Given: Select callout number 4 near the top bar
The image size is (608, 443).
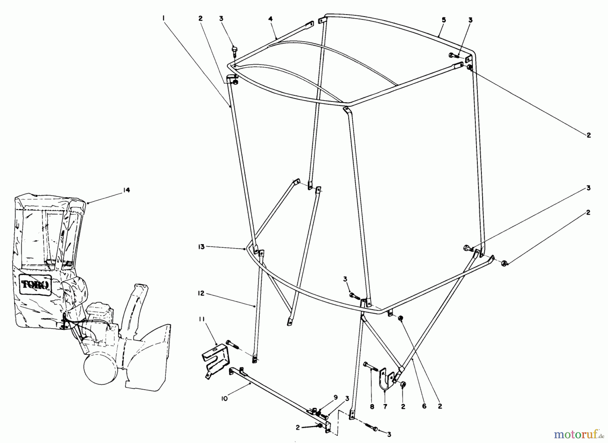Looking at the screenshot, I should click(271, 19).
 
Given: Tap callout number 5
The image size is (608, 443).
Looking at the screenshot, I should click(444, 20).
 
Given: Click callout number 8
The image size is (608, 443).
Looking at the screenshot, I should click(372, 407).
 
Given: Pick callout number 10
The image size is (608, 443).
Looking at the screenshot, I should click(225, 398).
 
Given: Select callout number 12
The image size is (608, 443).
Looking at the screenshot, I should click(201, 293).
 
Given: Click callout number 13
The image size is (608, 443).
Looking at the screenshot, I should click(201, 247).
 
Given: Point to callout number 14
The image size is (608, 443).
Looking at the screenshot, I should click(126, 190).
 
